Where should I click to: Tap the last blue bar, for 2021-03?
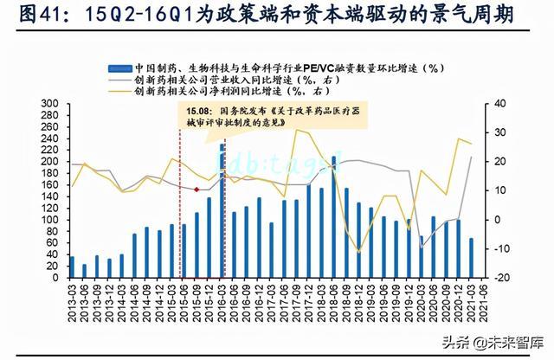point(472,258)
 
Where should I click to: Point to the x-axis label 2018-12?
point(358,299)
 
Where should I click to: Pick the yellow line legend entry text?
point(260,89)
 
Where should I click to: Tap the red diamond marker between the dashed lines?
point(197,189)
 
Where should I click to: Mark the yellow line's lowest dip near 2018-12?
point(358,252)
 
